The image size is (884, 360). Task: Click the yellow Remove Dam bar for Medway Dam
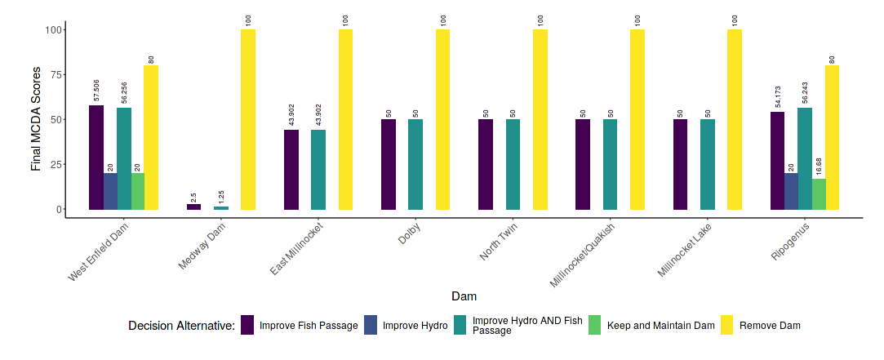point(248,119)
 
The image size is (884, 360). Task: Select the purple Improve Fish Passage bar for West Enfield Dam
point(96,157)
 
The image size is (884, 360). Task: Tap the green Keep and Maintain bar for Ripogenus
point(819,193)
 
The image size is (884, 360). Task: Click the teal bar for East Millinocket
point(318,169)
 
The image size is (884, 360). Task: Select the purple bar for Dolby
point(389,164)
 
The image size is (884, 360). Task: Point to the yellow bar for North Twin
point(540,119)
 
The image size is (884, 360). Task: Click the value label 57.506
point(97,91)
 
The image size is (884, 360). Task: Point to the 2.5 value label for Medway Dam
point(193,196)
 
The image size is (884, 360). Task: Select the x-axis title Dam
point(464,296)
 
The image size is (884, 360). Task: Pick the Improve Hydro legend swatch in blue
point(371,325)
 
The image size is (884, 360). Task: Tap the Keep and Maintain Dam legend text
point(673,326)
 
